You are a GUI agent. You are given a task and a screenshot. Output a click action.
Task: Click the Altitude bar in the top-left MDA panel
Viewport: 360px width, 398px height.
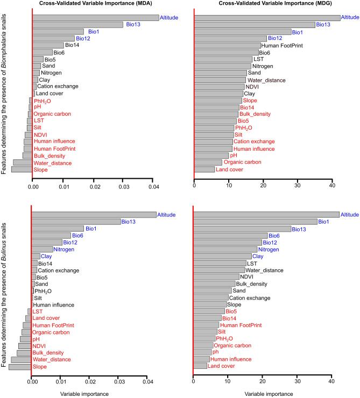96,18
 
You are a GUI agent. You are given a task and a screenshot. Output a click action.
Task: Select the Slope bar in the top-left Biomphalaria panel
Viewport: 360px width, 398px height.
22,170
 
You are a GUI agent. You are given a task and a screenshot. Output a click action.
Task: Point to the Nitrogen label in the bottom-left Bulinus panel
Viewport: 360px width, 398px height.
64,249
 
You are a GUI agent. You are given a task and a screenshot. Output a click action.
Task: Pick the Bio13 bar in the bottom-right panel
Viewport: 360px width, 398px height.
242,228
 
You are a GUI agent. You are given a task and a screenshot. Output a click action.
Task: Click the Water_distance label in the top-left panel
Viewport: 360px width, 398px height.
48,163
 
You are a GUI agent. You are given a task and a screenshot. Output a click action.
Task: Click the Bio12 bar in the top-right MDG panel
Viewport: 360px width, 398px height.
230,38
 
